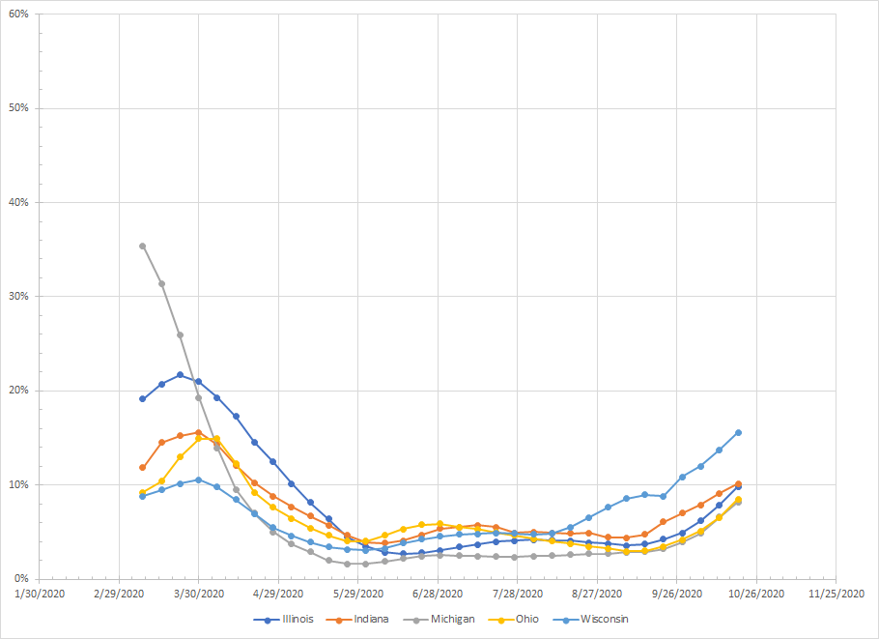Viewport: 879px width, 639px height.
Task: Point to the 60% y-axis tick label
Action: [17, 14]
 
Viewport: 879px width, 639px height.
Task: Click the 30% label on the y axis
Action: [17, 296]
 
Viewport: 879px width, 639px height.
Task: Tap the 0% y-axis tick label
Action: [20, 578]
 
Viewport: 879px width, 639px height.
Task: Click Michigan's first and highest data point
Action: [142, 246]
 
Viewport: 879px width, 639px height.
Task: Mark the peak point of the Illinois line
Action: [180, 374]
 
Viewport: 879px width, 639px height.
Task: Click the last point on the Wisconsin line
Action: [738, 432]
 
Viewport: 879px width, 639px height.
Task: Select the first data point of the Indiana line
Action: [142, 467]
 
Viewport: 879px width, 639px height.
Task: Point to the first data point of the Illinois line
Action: [142, 398]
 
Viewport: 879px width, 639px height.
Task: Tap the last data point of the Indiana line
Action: [738, 483]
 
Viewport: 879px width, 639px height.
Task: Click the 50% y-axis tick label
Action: [17, 107]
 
